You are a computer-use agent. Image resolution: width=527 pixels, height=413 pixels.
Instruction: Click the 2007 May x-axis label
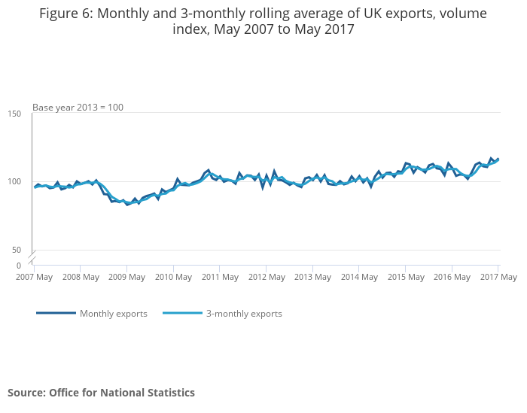coord(34,277)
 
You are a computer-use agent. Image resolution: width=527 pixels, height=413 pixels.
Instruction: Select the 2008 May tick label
coord(81,277)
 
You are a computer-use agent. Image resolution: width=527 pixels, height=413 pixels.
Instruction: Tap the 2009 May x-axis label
coord(126,277)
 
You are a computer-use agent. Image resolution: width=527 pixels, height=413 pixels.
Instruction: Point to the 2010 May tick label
coord(173,277)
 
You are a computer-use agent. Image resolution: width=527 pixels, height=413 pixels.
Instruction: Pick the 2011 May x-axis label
coord(220,277)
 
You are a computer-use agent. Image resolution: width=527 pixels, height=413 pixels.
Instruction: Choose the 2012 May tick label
coord(266,277)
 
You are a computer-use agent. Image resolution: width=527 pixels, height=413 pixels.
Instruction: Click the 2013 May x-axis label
coord(312,277)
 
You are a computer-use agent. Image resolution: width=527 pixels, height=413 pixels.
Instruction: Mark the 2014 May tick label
coord(359,277)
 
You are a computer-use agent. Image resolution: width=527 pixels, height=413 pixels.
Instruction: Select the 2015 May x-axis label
coord(405,277)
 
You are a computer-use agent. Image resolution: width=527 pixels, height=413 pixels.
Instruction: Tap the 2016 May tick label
coord(452,277)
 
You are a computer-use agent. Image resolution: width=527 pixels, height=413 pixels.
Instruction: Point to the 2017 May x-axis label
coord(498,277)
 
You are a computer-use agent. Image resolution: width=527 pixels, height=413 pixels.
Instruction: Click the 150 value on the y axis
coord(15,114)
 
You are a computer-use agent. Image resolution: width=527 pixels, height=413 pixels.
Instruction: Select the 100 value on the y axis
coord(15,182)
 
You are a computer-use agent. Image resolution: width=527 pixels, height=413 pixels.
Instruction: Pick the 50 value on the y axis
coord(17,250)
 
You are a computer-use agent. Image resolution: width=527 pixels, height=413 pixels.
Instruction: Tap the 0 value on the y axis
coord(19,266)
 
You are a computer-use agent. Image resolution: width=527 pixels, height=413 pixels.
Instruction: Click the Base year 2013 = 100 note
coord(78,108)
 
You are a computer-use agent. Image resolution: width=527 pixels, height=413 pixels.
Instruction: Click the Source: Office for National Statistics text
coord(101,393)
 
